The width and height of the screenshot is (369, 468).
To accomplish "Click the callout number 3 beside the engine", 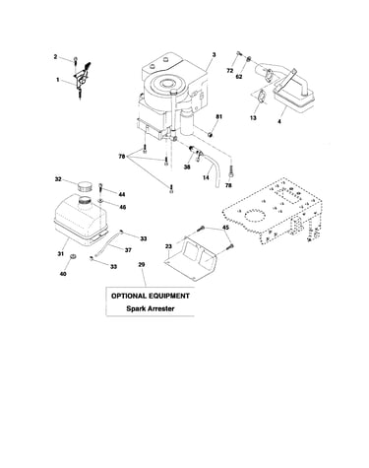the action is (x=214, y=55).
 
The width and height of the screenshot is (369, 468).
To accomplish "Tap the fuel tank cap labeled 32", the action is (x=85, y=188).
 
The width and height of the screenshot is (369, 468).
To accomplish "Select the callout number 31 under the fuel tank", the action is (x=61, y=253).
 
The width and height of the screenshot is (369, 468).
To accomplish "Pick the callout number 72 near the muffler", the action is (x=230, y=71).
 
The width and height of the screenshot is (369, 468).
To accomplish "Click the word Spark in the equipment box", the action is (x=136, y=308).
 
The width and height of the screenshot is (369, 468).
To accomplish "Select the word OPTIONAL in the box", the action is (x=129, y=296).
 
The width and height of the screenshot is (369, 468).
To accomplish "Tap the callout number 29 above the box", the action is (x=142, y=264).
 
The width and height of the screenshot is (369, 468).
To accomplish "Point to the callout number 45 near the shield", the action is (x=226, y=228).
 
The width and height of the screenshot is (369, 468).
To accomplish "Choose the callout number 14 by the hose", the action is (x=206, y=177).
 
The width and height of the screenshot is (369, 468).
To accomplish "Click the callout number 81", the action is (x=219, y=116).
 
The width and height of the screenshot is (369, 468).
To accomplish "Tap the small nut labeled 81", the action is (x=211, y=134).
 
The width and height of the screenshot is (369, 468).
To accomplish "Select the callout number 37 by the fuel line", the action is (x=128, y=250).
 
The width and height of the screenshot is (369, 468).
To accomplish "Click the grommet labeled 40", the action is (x=73, y=256).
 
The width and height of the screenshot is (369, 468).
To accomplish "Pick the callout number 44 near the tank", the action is (x=122, y=194).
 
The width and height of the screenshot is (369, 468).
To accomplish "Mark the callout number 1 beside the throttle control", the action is (x=58, y=80).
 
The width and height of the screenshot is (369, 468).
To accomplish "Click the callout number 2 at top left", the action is (x=55, y=57).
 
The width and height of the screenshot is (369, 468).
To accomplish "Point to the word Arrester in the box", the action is (x=160, y=308).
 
